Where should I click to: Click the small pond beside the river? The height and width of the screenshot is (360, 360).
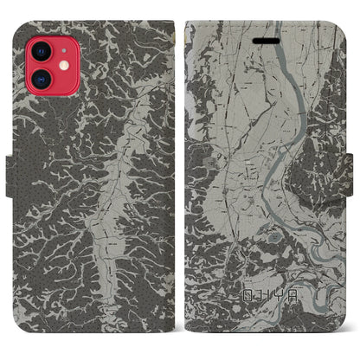(x=275, y=235)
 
